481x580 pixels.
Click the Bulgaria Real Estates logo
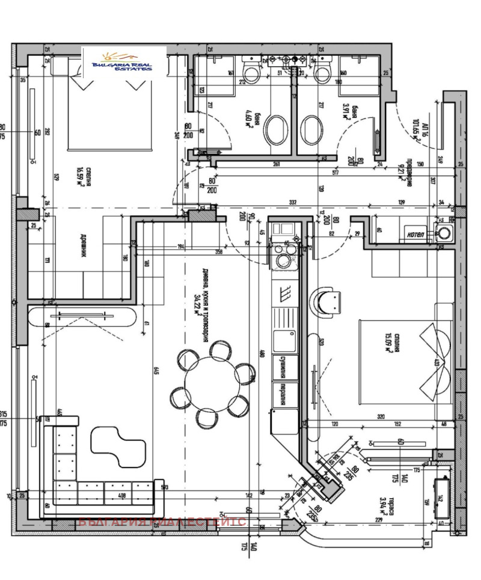click(x=124, y=64)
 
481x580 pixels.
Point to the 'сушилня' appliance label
click(x=280, y=366)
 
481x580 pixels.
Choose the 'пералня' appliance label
click(x=280, y=394)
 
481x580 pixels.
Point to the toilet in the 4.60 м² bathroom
click(x=250, y=73)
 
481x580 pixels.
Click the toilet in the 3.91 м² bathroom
click(x=322, y=73)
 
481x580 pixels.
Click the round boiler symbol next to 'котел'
click(x=445, y=233)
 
